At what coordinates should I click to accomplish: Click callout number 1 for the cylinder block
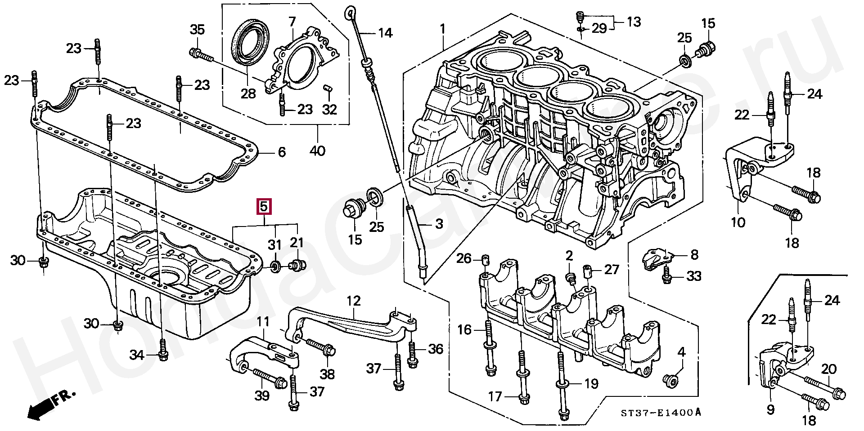coord(443,30)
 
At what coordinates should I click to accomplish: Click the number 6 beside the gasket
coord(282,152)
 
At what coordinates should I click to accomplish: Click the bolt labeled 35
coord(201,55)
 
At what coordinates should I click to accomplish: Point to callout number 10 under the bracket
coord(738,222)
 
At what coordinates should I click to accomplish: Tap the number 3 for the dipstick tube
coord(439,224)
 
